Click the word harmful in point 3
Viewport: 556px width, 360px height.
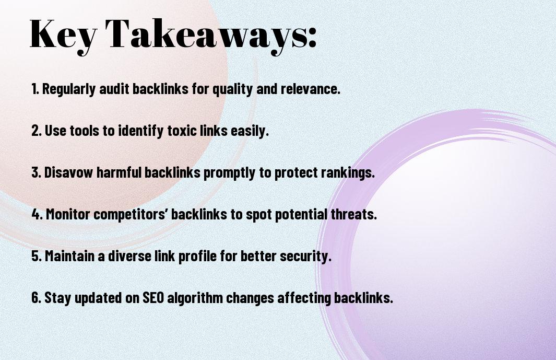click(x=119, y=172)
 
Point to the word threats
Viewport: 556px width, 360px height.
click(x=353, y=214)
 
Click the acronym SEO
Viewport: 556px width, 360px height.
click(x=153, y=297)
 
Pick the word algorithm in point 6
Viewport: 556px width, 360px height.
click(x=195, y=298)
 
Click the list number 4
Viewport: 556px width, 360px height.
click(x=37, y=214)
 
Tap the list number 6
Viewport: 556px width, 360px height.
click(x=36, y=297)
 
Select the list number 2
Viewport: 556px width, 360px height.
click(x=36, y=130)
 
